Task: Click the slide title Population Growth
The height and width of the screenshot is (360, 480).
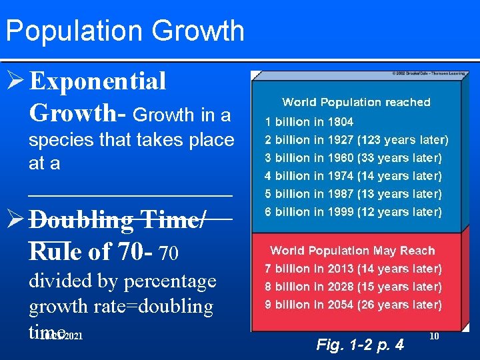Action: [125, 31]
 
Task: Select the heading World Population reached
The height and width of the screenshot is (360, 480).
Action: [356, 102]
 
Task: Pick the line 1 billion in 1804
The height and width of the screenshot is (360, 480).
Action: [309, 122]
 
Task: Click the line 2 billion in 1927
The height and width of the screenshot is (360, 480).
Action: [356, 140]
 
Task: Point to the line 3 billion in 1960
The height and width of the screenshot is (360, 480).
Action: [353, 158]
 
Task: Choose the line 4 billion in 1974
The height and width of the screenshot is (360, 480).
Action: [353, 176]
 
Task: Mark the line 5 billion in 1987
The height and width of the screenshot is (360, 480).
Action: [353, 194]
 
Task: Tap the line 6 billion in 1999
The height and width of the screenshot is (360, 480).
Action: [353, 212]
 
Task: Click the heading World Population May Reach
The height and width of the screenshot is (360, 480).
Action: [352, 251]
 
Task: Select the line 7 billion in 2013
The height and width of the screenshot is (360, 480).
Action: [353, 269]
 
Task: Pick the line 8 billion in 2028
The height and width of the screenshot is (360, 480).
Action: [353, 287]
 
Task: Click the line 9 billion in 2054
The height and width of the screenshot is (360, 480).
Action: [353, 305]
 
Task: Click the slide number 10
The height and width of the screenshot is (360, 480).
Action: [434, 336]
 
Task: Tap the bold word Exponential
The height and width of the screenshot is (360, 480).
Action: [98, 82]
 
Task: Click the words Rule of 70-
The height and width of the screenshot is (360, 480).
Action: [92, 251]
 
